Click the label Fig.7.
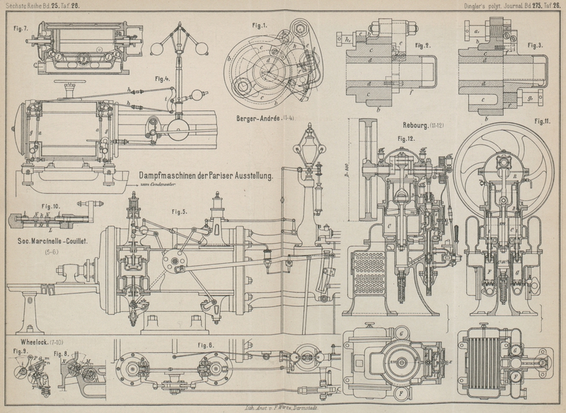(x=21, y=29)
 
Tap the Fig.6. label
(x=206, y=344)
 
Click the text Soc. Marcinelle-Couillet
(x=53, y=240)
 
